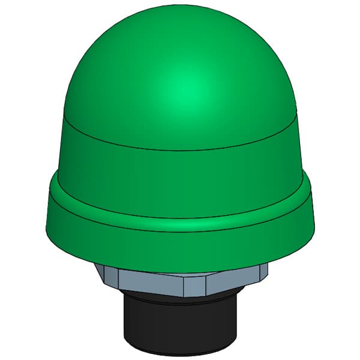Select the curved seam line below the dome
tap(180, 149)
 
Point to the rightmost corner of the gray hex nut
tap(268, 270)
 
